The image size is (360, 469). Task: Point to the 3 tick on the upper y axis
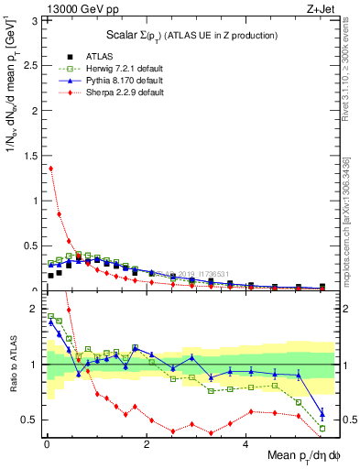tap(35, 19)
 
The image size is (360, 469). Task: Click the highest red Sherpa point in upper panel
tap(50, 168)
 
